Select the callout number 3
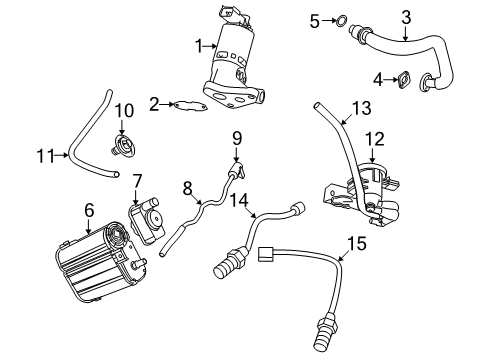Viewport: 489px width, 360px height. (x=405, y=15)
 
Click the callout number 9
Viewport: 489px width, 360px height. (x=238, y=136)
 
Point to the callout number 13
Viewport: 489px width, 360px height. (x=361, y=108)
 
